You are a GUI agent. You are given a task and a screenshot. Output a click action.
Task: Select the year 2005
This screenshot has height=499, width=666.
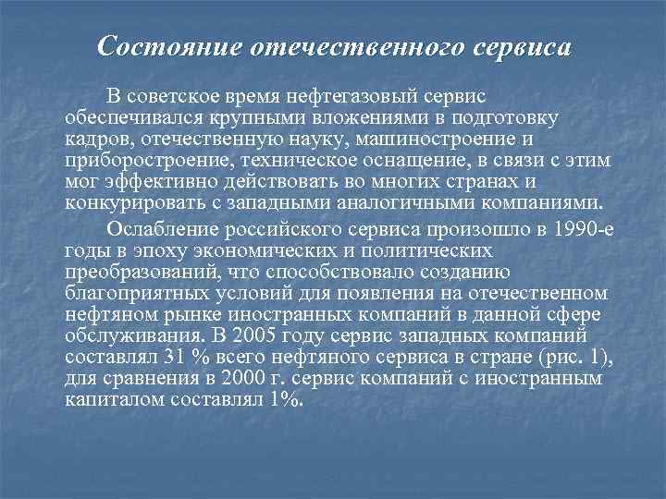(261, 335)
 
